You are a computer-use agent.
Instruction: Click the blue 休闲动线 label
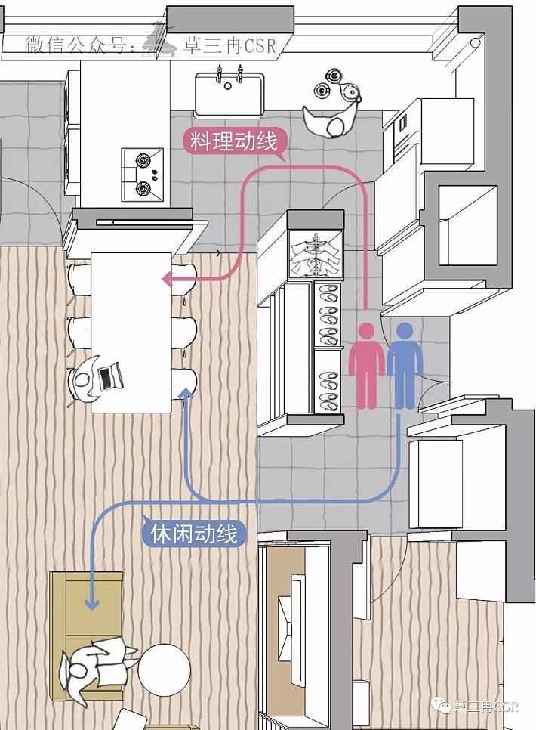point(194,534)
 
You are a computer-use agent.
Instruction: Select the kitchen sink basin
point(229,94)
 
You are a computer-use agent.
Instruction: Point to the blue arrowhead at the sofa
point(92,602)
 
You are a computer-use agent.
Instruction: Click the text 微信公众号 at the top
point(80,45)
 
